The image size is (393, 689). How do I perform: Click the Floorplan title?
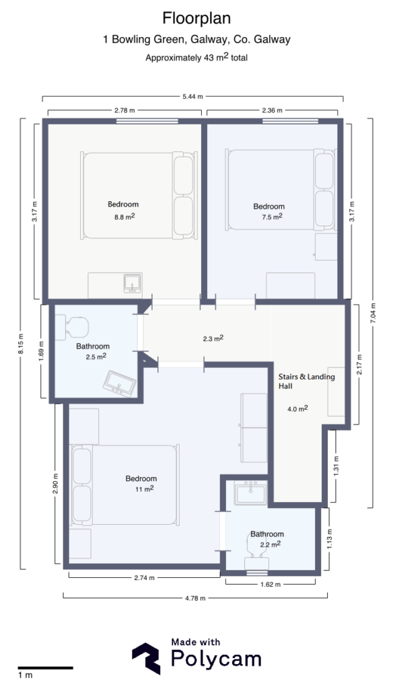196,17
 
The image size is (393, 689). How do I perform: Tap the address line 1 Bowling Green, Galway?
196,40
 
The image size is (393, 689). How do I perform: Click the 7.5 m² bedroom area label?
269,217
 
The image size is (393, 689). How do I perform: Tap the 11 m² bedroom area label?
141,488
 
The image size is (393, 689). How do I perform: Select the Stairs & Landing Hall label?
306,382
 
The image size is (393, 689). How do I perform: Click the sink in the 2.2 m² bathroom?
252,495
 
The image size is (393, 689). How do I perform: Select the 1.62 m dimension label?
269,584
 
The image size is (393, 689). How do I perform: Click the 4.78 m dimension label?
195,597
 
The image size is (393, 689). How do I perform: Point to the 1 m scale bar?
45,668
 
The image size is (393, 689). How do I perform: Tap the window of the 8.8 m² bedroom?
147,121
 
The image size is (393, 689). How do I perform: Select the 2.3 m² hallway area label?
213,339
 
